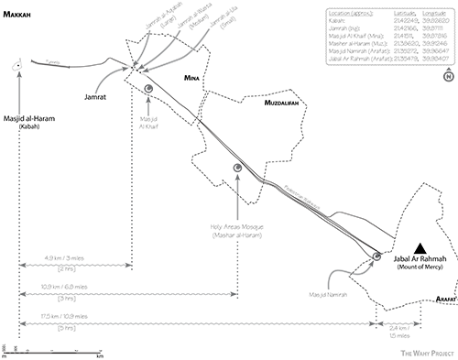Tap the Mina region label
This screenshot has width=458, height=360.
[x=192, y=78]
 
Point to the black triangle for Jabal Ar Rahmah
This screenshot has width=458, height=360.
[x=420, y=247]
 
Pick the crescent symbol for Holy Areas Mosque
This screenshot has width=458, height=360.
[x=236, y=168]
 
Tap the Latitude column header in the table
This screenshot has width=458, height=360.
[x=376, y=16]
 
